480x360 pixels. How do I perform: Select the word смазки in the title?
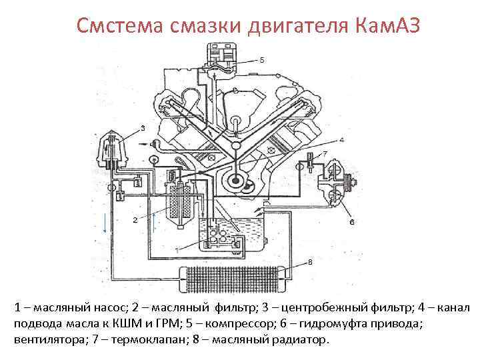point(200,26)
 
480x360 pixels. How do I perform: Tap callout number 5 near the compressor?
point(262,60)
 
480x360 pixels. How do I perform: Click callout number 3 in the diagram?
point(143,127)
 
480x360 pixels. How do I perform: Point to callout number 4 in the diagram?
point(341,141)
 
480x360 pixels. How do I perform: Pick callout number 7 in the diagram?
point(325,153)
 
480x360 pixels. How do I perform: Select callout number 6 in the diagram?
point(351,222)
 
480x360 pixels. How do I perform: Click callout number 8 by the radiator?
point(310,262)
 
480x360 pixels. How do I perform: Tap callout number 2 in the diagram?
point(135,219)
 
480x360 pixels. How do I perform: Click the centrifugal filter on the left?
point(112,153)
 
